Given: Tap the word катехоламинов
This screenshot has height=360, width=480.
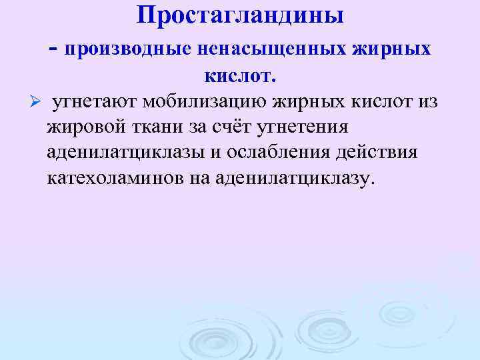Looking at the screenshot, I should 117,178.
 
